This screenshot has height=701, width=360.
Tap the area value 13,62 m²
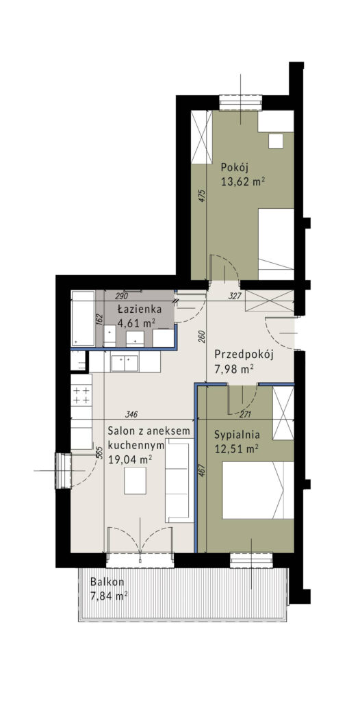243,181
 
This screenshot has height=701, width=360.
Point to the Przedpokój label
244,355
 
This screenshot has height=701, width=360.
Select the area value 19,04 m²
130,459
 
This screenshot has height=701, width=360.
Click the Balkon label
107,583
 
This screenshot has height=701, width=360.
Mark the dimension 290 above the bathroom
123,296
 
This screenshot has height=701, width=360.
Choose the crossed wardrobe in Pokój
200,137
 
